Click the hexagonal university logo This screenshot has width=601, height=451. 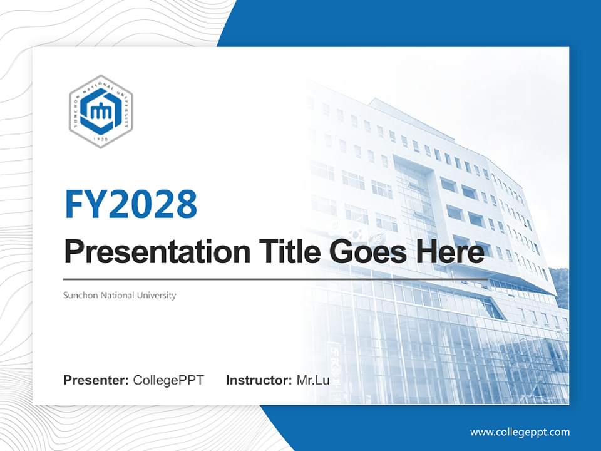tap(100, 111)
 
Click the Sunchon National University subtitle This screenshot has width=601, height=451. tap(120, 295)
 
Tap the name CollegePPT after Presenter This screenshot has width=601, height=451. tap(168, 380)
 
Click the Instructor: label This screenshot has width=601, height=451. tap(259, 380)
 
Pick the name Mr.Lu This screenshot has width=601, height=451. tap(313, 380)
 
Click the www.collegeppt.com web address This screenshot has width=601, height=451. tap(520, 432)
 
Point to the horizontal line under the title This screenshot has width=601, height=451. tap(275, 279)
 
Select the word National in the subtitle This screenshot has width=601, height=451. tap(112, 295)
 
